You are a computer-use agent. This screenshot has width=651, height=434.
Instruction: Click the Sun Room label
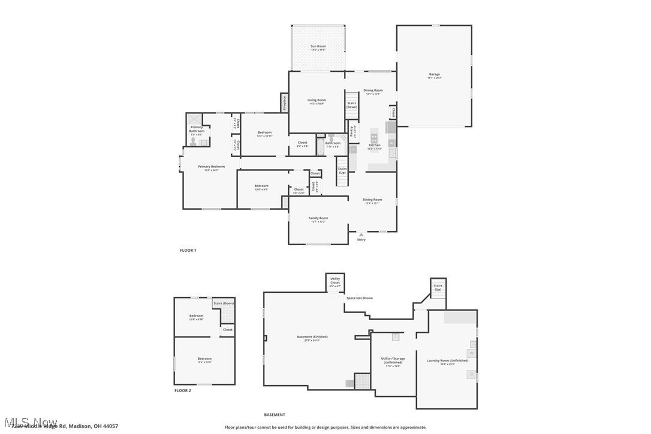tap(318, 46)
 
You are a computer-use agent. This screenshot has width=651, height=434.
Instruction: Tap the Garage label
tap(434, 74)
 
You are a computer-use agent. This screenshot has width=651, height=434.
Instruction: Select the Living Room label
tap(317, 100)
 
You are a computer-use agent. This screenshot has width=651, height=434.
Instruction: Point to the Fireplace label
tap(284, 103)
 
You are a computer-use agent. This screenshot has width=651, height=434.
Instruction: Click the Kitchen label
tap(374, 145)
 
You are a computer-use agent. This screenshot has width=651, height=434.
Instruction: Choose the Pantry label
tap(352, 132)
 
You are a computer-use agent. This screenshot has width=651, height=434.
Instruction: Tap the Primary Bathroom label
tap(197, 129)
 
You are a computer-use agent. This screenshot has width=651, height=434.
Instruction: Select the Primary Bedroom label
tap(212, 167)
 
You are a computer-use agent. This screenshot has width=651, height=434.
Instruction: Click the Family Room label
tap(318, 218)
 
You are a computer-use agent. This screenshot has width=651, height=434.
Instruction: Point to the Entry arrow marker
tap(361, 234)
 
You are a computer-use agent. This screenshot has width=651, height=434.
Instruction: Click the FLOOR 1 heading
tap(188, 250)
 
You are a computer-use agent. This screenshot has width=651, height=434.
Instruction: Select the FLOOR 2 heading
tap(183, 390)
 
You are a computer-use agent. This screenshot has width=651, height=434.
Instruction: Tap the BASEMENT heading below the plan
tap(275, 415)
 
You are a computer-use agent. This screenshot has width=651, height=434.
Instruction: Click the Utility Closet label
tap(334, 280)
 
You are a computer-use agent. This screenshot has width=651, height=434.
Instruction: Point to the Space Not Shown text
tap(359, 298)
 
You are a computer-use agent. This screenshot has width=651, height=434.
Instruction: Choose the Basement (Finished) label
tap(312, 337)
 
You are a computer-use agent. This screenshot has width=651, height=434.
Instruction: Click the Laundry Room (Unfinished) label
tap(441, 360)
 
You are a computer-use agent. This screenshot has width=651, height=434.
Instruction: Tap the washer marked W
tap(472, 353)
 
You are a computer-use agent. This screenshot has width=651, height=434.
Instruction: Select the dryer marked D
tap(471, 374)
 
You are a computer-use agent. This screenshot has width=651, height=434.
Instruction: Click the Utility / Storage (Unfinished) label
tap(393, 360)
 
